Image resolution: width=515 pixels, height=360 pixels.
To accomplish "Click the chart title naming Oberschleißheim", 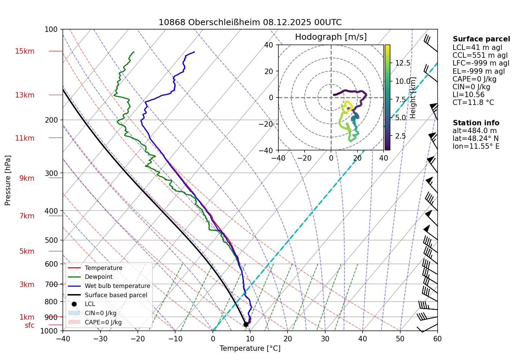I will (250, 22).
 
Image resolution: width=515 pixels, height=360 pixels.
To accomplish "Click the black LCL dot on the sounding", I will (246, 324).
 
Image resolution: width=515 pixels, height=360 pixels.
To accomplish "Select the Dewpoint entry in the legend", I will (98, 277).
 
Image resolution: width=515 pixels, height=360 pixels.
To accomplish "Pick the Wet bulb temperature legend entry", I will (117, 286).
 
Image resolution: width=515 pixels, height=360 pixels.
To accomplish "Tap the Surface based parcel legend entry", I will (116, 295).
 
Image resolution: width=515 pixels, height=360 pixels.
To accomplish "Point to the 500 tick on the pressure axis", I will (51, 240).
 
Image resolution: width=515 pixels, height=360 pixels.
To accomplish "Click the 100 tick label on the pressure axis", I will (51, 30).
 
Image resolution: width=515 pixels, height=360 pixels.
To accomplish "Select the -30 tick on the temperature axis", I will (100, 339).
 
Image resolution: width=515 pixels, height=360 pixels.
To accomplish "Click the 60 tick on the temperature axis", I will (437, 339).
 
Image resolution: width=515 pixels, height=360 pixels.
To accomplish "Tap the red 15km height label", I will (24, 51).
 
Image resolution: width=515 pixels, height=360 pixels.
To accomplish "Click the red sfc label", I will (30, 325).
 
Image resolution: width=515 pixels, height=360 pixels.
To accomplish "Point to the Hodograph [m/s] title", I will (331, 37).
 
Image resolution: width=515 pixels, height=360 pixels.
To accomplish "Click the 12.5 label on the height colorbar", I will (403, 63).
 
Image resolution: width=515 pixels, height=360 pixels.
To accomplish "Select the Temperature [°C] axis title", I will (250, 348).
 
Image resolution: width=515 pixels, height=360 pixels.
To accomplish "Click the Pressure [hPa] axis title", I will (8, 180).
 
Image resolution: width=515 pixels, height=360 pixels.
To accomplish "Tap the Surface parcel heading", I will (481, 39).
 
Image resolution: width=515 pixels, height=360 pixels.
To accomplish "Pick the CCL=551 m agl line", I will (480, 55).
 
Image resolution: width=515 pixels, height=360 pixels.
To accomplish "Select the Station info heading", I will (476, 123).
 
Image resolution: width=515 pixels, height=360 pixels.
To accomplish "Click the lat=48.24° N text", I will (476, 139).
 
